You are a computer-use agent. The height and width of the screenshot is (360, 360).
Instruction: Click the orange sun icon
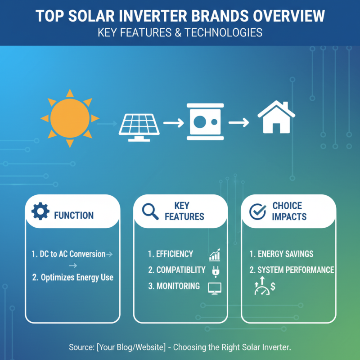(x=70, y=118)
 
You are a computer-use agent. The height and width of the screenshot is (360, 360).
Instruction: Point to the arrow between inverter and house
(x=238, y=122)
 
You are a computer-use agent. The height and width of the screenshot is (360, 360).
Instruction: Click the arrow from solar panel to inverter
(x=174, y=122)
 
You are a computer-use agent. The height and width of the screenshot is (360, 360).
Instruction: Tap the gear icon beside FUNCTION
(x=40, y=211)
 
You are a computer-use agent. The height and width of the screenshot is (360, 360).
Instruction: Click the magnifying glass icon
(x=150, y=211)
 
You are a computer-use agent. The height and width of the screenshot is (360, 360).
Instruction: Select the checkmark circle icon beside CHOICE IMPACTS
(x=257, y=211)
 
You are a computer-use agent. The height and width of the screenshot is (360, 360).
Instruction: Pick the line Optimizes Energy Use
(x=73, y=277)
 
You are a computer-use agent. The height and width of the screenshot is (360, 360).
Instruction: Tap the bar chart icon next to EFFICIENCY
(x=215, y=255)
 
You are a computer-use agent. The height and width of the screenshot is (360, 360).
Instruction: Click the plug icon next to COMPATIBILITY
(x=214, y=271)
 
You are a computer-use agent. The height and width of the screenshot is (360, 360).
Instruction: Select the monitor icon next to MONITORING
(x=215, y=288)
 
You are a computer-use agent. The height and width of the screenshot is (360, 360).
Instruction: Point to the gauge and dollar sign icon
(x=265, y=287)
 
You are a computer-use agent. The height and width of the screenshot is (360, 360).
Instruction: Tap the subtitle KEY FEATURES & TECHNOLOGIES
(x=180, y=33)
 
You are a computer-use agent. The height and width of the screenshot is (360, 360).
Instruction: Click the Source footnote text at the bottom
(x=180, y=347)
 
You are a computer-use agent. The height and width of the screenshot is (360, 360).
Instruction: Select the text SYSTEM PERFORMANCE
(x=292, y=270)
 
